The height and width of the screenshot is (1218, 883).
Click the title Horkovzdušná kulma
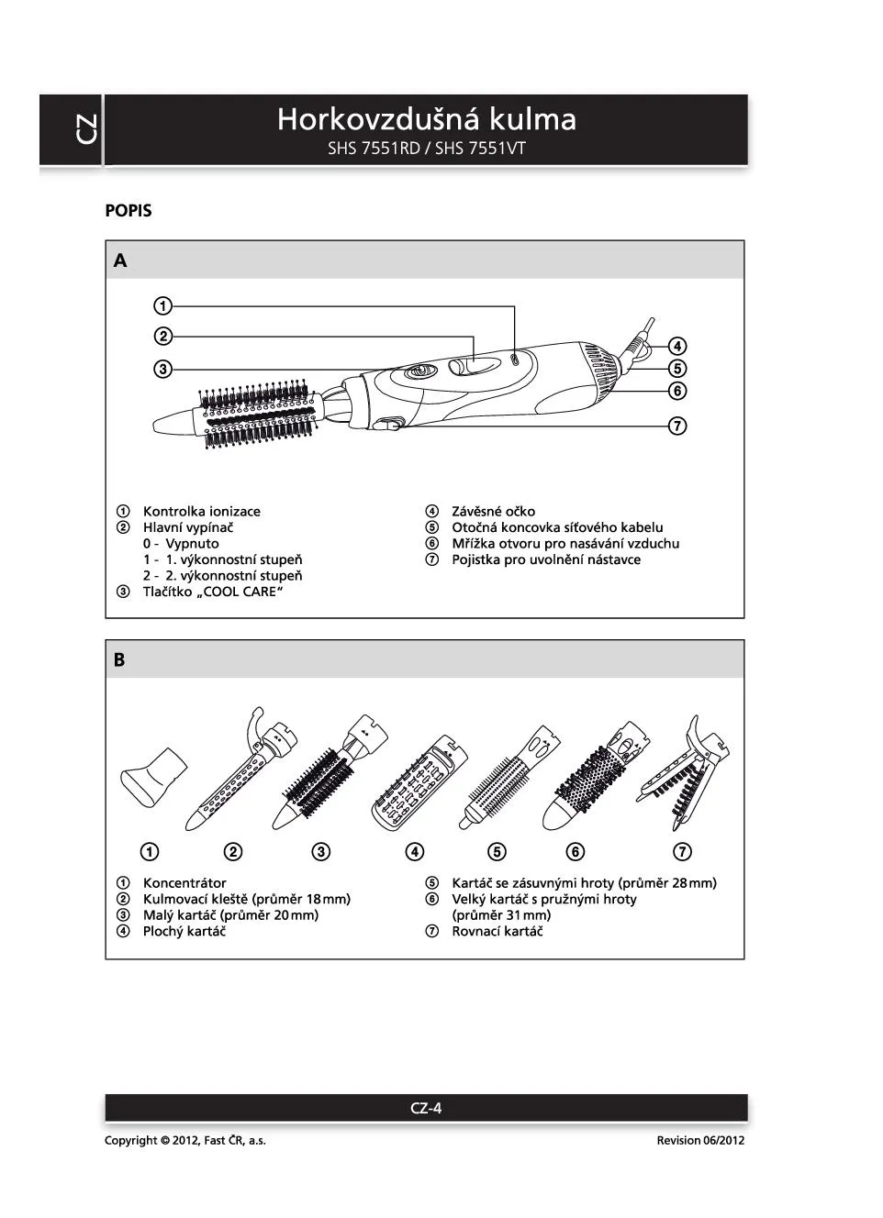point(427,119)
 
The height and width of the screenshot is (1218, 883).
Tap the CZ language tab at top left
point(84,129)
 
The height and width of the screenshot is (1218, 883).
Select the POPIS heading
point(129,211)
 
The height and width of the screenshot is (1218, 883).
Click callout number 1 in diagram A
point(162,306)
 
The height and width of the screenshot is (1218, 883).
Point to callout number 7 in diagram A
point(677,426)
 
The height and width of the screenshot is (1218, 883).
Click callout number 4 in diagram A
point(677,347)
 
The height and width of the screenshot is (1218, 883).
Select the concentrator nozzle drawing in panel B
point(154,776)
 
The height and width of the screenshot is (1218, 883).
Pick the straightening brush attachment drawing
point(684,770)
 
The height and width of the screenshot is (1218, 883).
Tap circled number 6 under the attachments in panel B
point(576,852)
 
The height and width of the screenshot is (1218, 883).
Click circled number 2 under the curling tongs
point(234,852)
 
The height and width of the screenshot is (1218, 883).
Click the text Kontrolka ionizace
point(201,512)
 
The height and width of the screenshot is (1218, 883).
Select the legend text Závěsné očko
point(493,512)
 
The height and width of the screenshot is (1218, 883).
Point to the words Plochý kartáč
point(184,932)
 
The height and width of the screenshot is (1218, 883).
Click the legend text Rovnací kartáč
point(497,932)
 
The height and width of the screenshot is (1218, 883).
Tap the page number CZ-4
point(426,1108)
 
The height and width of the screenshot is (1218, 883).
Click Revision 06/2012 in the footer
point(700,1141)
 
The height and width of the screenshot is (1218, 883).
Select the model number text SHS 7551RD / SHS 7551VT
point(427,148)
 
